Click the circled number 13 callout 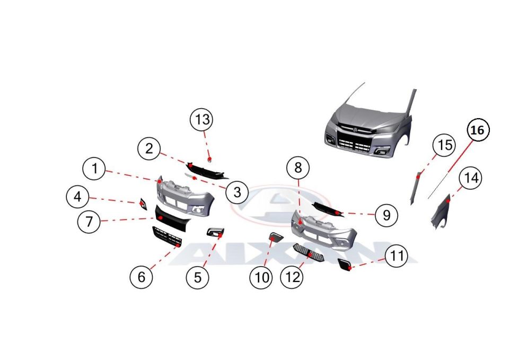(201, 120)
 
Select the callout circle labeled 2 (149, 148)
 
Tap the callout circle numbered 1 (94, 169)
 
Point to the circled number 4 (77, 196)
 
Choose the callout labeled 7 (89, 222)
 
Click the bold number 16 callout (478, 130)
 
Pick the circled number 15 (444, 144)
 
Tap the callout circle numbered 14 (471, 178)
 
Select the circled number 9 (387, 215)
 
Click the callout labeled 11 (397, 256)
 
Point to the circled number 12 (292, 277)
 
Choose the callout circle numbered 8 (298, 168)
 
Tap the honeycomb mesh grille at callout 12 (309, 253)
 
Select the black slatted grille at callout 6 (167, 236)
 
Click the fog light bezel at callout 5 (215, 232)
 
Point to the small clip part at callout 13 (210, 160)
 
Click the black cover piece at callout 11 (344, 264)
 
